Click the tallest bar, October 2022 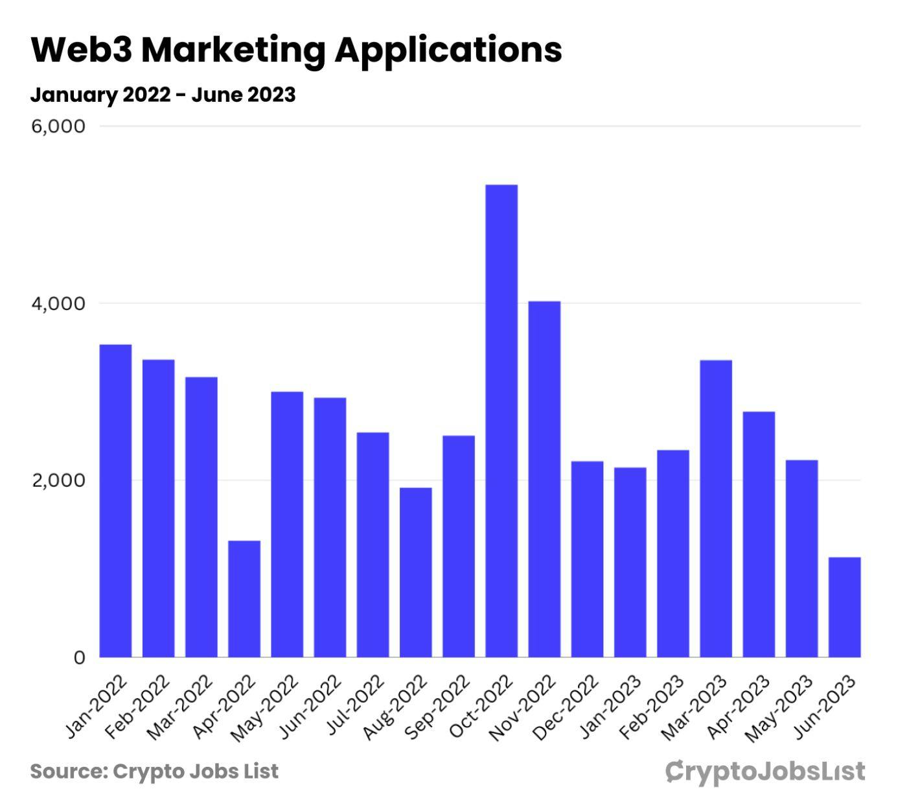click(501, 421)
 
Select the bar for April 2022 click(244, 599)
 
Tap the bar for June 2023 click(844, 607)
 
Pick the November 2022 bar click(544, 480)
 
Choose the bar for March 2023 click(716, 509)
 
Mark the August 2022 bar click(415, 572)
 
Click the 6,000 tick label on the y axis click(58, 126)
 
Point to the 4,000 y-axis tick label click(58, 303)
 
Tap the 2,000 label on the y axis click(58, 480)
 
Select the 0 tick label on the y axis click(79, 658)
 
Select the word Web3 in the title click(81, 50)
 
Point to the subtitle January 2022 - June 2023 click(163, 95)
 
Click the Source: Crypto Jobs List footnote click(154, 771)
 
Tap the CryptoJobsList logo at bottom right click(765, 771)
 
